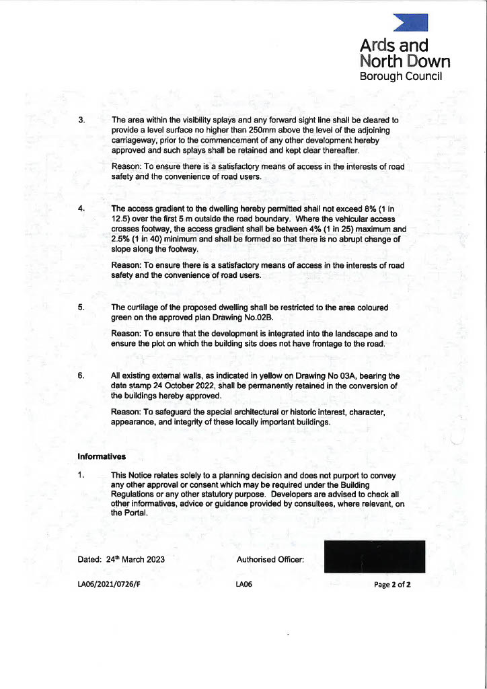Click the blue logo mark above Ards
click(x=411, y=23)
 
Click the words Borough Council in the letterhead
click(x=401, y=77)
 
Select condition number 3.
click(x=81, y=120)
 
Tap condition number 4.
click(x=81, y=209)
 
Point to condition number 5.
click(x=81, y=307)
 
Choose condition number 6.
click(x=81, y=375)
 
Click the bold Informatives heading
click(x=102, y=456)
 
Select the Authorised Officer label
click(x=270, y=559)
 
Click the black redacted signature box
click(x=374, y=556)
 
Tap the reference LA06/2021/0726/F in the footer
click(x=109, y=585)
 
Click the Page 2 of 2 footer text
click(x=392, y=585)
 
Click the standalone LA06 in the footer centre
click(x=243, y=585)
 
